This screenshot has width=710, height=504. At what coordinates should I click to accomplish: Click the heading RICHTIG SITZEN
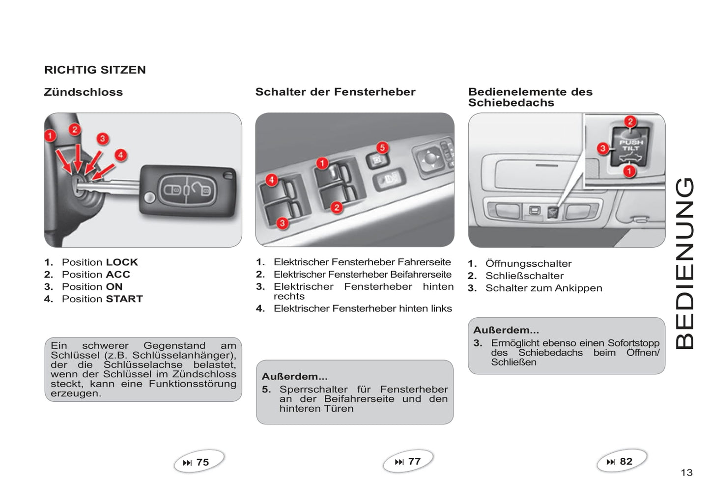[95, 70]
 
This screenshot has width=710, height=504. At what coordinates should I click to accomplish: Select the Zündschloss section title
[84, 92]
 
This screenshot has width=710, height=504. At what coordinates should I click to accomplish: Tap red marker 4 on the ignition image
[120, 155]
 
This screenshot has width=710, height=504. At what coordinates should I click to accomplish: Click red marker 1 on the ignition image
[50, 136]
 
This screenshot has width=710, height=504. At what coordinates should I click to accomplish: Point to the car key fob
[188, 191]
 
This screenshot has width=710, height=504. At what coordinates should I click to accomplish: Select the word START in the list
[124, 299]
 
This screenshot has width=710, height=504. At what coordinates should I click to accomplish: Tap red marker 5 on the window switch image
[382, 147]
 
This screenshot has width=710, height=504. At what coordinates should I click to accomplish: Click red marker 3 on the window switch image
[282, 223]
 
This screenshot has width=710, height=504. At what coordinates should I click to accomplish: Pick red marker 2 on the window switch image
[337, 207]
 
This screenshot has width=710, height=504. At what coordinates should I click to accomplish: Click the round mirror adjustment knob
[430, 158]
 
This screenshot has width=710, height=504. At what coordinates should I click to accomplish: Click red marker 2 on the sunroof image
[630, 121]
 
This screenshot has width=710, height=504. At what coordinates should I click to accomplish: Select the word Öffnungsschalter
[528, 264]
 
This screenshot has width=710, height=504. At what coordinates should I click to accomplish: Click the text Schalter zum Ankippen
[543, 288]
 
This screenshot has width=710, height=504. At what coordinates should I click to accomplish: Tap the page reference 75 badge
[199, 462]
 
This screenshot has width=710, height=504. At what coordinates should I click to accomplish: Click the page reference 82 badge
[622, 461]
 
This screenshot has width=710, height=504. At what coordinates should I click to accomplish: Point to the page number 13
[686, 473]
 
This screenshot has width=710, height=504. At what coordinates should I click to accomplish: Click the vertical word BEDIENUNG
[685, 263]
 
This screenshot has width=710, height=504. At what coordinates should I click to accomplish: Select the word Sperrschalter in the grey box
[313, 390]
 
